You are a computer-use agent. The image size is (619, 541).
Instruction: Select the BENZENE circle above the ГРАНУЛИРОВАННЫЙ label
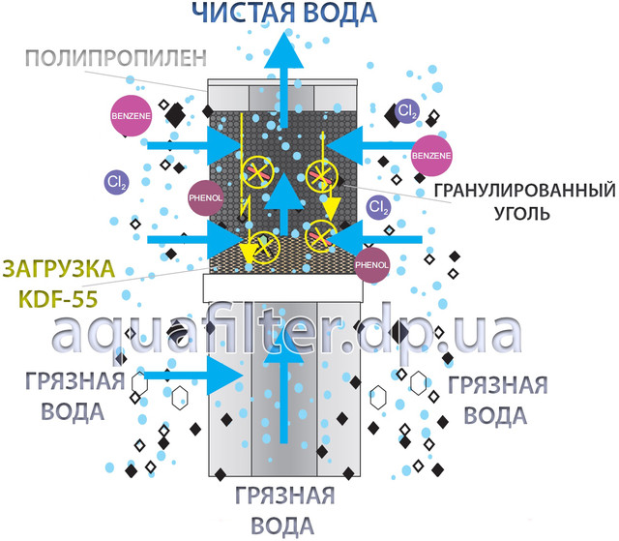click(x=430, y=155)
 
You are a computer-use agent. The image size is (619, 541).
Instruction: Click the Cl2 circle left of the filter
click(x=117, y=181)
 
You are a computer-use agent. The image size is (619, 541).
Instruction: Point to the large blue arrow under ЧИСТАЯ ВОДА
click(x=284, y=73)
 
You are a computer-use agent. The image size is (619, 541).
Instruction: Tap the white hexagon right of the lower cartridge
click(x=380, y=398)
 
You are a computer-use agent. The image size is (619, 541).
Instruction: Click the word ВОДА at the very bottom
click(x=284, y=526)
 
